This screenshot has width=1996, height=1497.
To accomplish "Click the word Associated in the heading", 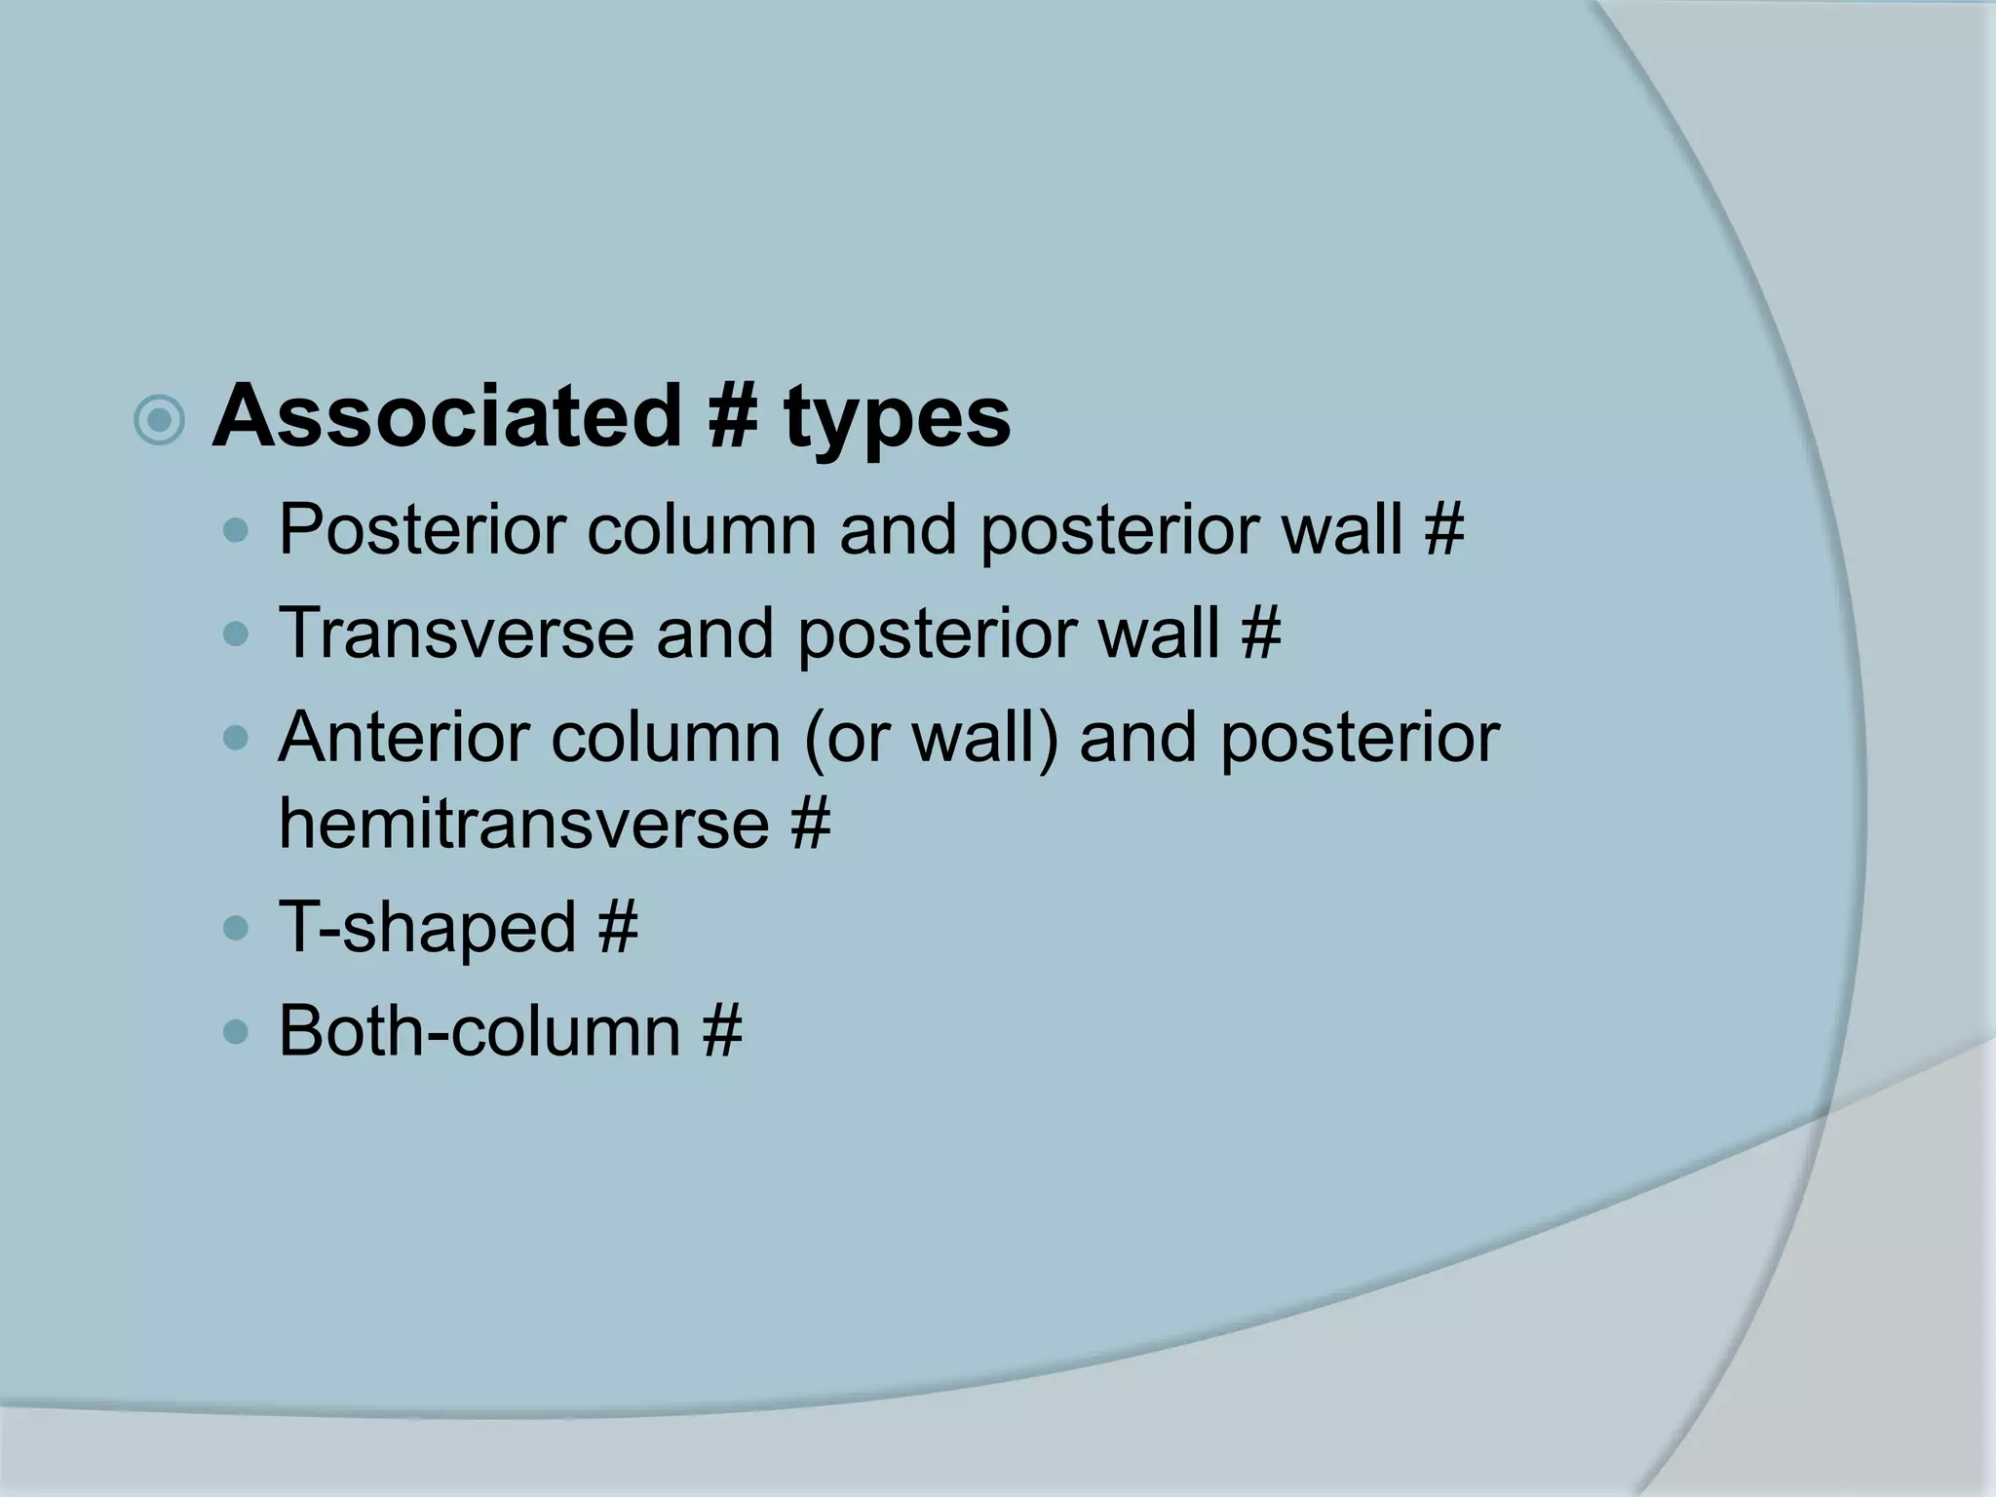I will pos(444,417).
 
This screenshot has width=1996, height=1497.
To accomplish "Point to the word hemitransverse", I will pos(524,823).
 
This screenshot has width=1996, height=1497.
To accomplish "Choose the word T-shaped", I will pos(428,927).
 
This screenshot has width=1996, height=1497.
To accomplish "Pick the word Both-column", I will pos(479,1030).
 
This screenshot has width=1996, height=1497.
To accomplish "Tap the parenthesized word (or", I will pos(846,739).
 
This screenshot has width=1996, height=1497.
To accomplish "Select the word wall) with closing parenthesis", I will pos(983,739).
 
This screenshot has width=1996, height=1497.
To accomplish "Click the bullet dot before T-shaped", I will pos(236,929).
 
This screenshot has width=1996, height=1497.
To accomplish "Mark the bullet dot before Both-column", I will pos(236,1032).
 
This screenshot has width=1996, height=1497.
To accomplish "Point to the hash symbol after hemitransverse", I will pos(810,823).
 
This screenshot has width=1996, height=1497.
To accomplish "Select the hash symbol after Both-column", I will pos(721,1030).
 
